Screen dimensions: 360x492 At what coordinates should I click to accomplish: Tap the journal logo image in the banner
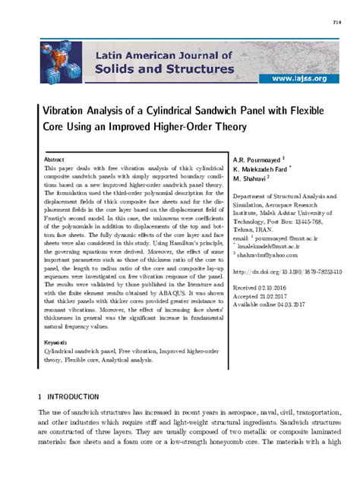pos(62,62)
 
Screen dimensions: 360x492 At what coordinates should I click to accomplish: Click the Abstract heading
pos(54,161)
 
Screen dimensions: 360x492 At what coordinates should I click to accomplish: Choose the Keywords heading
pos(57,343)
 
